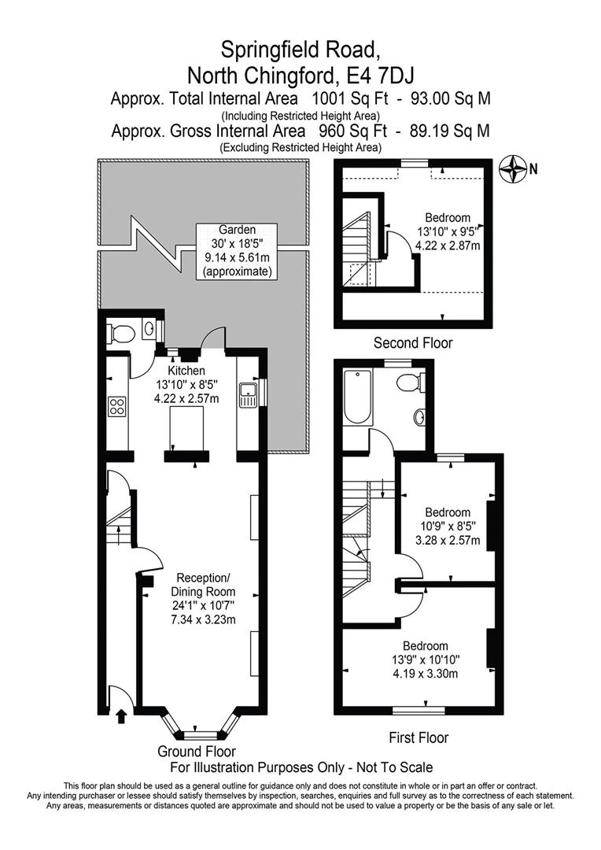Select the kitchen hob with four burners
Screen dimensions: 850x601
tap(116, 407)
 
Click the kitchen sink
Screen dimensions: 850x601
tap(249, 391)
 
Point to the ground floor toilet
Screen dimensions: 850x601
tap(120, 334)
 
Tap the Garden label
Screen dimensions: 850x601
tap(237, 230)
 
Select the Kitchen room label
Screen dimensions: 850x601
tap(186, 371)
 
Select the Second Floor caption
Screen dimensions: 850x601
tap(412, 343)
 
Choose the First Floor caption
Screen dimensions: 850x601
tap(418, 737)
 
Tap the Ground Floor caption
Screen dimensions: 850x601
tap(197, 752)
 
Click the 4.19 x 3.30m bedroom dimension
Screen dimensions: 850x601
tap(426, 674)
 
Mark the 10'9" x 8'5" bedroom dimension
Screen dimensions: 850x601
tap(447, 527)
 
